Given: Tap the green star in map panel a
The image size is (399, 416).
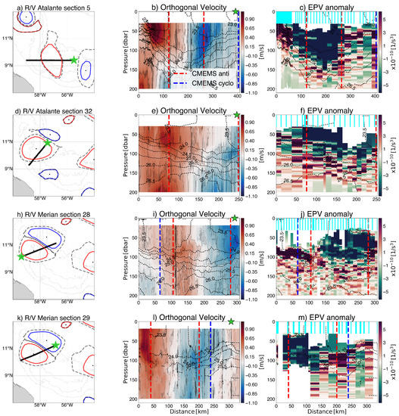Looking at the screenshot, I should pyautogui.click(x=73, y=59).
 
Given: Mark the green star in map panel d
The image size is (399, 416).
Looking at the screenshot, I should pyautogui.click(x=47, y=141).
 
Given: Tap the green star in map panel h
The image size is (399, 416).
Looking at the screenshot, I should pyautogui.click(x=20, y=257).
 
